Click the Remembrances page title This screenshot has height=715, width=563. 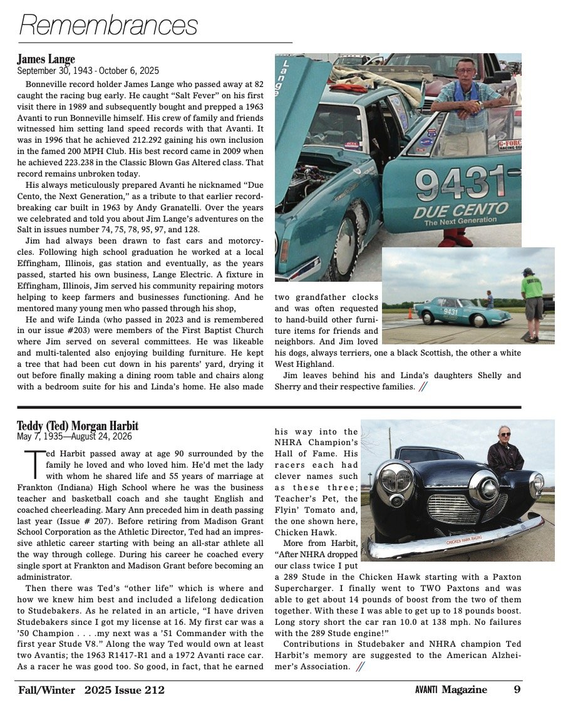point(108,26)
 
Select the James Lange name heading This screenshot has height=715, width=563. point(46,60)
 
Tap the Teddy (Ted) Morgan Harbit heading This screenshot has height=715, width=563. point(77,426)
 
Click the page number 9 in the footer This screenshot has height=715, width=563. point(517,690)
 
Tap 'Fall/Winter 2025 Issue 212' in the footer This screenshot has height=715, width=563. point(91,690)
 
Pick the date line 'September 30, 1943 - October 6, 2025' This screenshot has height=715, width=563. point(88,70)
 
